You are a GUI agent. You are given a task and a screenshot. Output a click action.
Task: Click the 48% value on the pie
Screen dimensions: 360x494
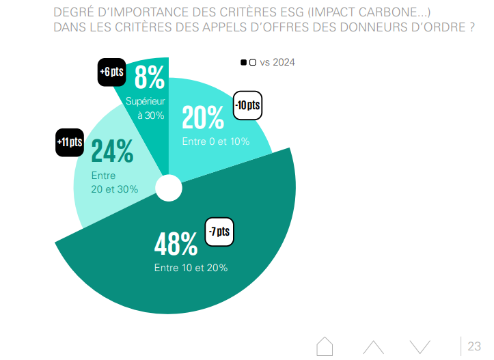click(176, 244)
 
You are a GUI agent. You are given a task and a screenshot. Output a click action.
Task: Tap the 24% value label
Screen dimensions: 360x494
click(112, 152)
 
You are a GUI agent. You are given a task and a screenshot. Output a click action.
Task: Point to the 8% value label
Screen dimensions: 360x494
click(150, 77)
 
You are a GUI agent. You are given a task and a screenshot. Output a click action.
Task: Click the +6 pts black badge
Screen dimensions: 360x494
click(111, 72)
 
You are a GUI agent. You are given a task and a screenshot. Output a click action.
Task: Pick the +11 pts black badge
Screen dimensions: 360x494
click(70, 142)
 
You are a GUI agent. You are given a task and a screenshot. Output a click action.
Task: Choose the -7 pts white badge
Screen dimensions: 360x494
click(220, 232)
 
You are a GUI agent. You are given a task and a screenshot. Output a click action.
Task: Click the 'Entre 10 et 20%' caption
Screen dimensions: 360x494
click(191, 268)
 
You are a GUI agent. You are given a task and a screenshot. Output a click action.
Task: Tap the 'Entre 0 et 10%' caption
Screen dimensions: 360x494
click(215, 141)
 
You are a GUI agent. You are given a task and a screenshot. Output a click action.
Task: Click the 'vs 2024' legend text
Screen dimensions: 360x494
click(277, 62)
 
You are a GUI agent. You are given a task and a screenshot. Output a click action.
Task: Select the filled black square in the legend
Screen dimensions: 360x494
click(243, 62)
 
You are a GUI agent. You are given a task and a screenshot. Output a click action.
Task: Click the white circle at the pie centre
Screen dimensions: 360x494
click(169, 189)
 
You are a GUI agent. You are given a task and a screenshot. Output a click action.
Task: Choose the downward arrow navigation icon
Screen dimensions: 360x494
click(420, 346)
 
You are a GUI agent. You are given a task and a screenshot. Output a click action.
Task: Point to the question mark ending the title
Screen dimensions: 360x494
click(471, 28)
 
